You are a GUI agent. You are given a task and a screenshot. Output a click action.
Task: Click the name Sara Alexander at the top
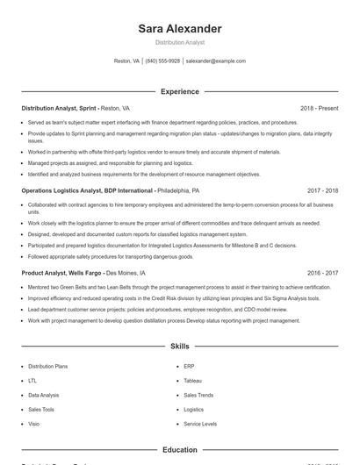(x=179, y=29)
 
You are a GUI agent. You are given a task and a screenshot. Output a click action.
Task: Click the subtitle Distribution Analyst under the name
(x=179, y=42)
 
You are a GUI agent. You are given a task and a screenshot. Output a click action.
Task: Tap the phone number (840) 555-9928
(x=162, y=61)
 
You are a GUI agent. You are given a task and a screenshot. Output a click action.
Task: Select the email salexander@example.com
(x=215, y=61)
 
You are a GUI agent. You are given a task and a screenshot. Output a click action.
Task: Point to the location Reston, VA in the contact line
(x=126, y=61)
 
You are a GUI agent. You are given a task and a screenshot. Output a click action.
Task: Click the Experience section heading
(x=179, y=91)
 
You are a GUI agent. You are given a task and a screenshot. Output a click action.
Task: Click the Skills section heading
(x=179, y=347)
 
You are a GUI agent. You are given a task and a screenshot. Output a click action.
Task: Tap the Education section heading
(x=179, y=449)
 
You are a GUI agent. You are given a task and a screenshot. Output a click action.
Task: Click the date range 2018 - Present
(x=319, y=108)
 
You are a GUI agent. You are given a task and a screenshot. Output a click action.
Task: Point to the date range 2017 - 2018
(x=322, y=190)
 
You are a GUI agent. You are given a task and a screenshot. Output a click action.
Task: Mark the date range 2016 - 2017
(x=322, y=273)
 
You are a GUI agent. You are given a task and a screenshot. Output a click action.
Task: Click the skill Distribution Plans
(x=47, y=367)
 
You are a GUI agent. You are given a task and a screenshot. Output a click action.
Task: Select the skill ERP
(x=190, y=367)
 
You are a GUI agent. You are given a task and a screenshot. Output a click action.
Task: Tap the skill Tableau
(x=193, y=381)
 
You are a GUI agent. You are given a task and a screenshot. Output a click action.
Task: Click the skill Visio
(x=34, y=423)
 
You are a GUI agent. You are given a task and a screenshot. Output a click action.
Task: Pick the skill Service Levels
(x=200, y=423)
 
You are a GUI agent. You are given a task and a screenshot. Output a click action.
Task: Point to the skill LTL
(x=32, y=381)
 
